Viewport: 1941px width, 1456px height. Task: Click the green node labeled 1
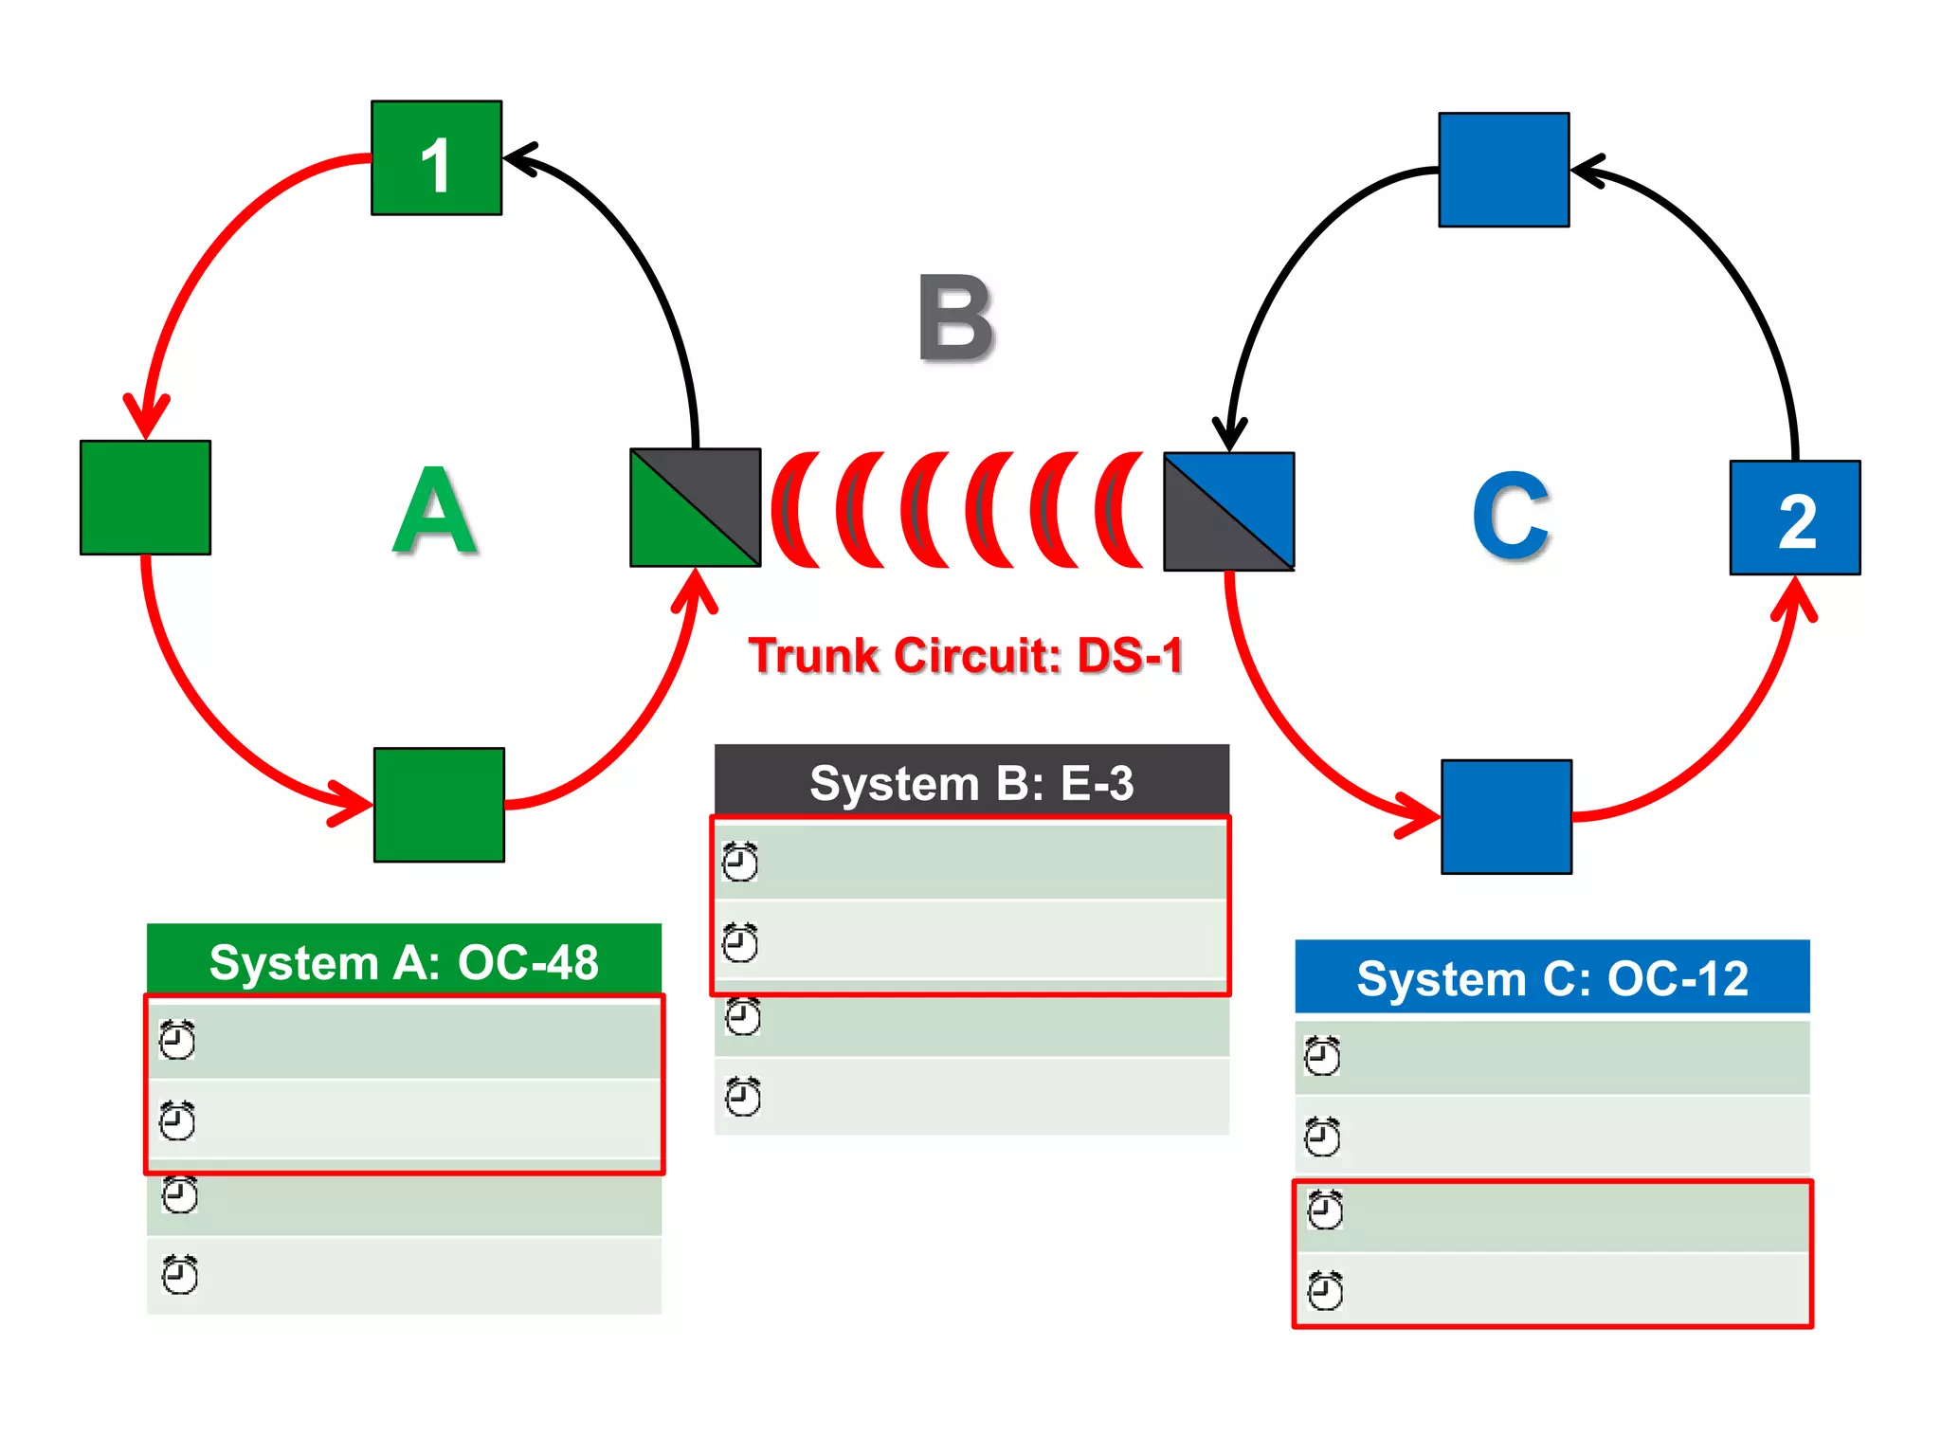(x=436, y=158)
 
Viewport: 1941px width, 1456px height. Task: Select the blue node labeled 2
(x=1795, y=518)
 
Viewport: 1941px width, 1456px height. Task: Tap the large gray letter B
(x=955, y=318)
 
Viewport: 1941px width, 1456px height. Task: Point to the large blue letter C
(x=1511, y=517)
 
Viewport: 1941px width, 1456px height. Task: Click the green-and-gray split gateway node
(x=696, y=508)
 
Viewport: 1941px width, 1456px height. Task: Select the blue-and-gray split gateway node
(x=1229, y=512)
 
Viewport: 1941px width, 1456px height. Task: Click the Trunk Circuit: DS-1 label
(x=966, y=656)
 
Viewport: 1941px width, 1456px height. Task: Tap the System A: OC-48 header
(x=404, y=961)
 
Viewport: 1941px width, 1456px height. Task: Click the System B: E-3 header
(x=971, y=783)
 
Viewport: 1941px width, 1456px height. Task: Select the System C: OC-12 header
(x=1552, y=977)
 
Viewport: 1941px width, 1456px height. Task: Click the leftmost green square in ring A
(x=145, y=498)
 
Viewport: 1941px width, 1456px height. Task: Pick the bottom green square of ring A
(x=439, y=805)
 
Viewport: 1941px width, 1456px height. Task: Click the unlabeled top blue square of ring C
(x=1504, y=170)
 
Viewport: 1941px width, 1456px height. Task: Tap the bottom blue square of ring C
(x=1507, y=816)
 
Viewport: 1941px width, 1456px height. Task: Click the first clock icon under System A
(x=177, y=1040)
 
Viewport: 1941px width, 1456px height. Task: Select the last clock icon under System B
(x=743, y=1097)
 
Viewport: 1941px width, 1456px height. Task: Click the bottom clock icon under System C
(x=1325, y=1290)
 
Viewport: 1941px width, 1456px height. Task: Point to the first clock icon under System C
(x=1322, y=1056)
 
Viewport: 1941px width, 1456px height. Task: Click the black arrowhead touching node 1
(x=520, y=157)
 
